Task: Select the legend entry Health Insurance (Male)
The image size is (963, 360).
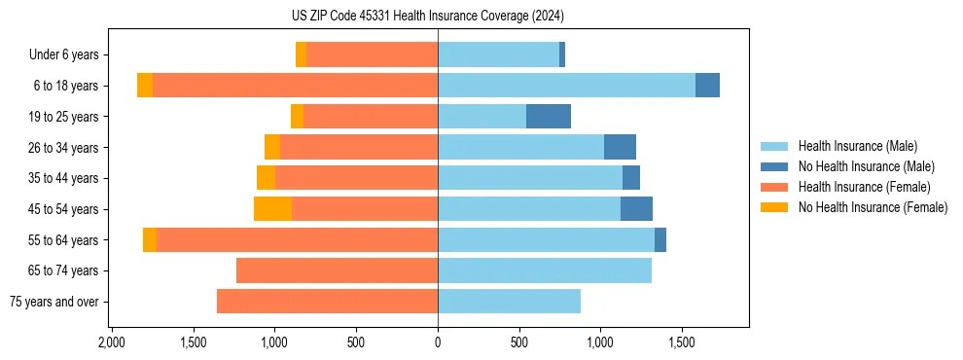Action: point(857,146)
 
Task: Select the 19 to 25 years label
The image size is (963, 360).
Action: point(65,117)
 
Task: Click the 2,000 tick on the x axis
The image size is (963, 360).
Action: point(112,343)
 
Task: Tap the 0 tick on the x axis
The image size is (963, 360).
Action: point(438,343)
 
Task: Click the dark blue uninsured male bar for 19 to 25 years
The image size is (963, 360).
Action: point(549,117)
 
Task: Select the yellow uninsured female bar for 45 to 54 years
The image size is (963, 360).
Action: point(272,209)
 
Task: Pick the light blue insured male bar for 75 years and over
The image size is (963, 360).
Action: point(509,302)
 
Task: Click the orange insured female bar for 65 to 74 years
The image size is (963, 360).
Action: point(337,270)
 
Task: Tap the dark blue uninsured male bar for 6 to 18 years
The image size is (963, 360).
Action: point(707,86)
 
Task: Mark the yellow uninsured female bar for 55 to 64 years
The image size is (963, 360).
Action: point(150,239)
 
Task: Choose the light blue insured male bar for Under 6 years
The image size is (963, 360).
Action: point(498,55)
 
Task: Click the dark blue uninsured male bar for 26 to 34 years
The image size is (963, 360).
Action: point(620,147)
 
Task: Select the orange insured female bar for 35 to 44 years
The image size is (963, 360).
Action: point(356,178)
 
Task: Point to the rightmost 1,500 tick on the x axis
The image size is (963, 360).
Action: point(682,343)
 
